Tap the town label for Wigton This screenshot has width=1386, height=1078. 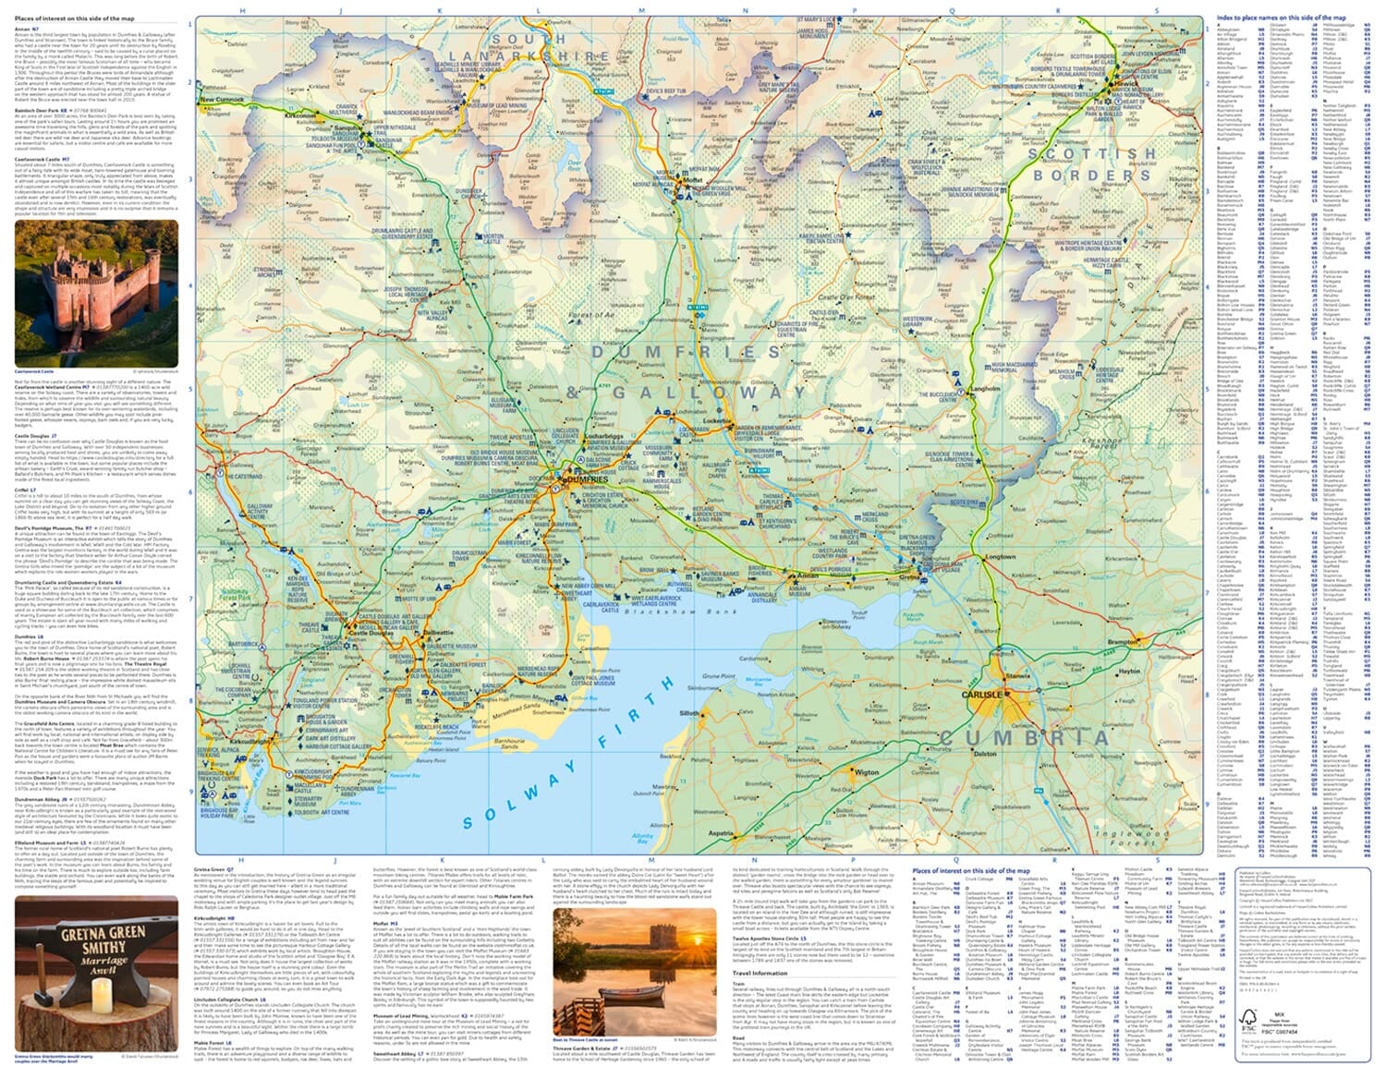click(867, 772)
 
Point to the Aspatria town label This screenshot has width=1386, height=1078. click(721, 833)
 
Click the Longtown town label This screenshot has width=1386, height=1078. click(1000, 557)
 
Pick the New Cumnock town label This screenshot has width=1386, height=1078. click(222, 99)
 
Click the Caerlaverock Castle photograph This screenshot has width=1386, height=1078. click(96, 294)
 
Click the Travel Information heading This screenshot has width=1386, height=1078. click(760, 973)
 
